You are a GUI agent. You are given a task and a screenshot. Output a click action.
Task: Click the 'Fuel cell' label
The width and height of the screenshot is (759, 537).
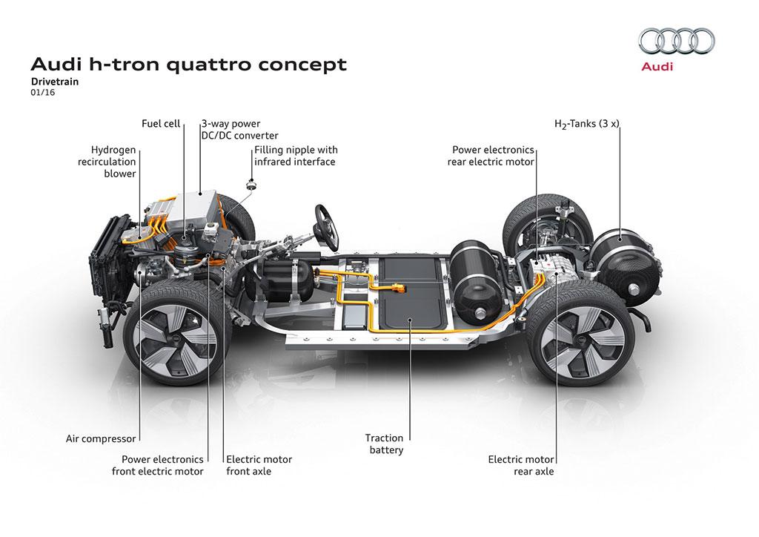[x=161, y=124]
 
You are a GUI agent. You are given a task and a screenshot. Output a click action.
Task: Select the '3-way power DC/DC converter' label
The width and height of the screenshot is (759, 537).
[x=239, y=130]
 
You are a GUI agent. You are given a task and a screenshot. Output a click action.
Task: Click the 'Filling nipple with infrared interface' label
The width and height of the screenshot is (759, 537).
[x=295, y=155]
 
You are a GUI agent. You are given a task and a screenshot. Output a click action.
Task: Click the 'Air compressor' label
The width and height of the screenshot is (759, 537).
[x=99, y=439]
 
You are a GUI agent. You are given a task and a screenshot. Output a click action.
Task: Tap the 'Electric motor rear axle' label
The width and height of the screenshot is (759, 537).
[x=520, y=465]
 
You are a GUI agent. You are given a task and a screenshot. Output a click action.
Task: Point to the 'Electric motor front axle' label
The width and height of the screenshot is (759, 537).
[x=259, y=465]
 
